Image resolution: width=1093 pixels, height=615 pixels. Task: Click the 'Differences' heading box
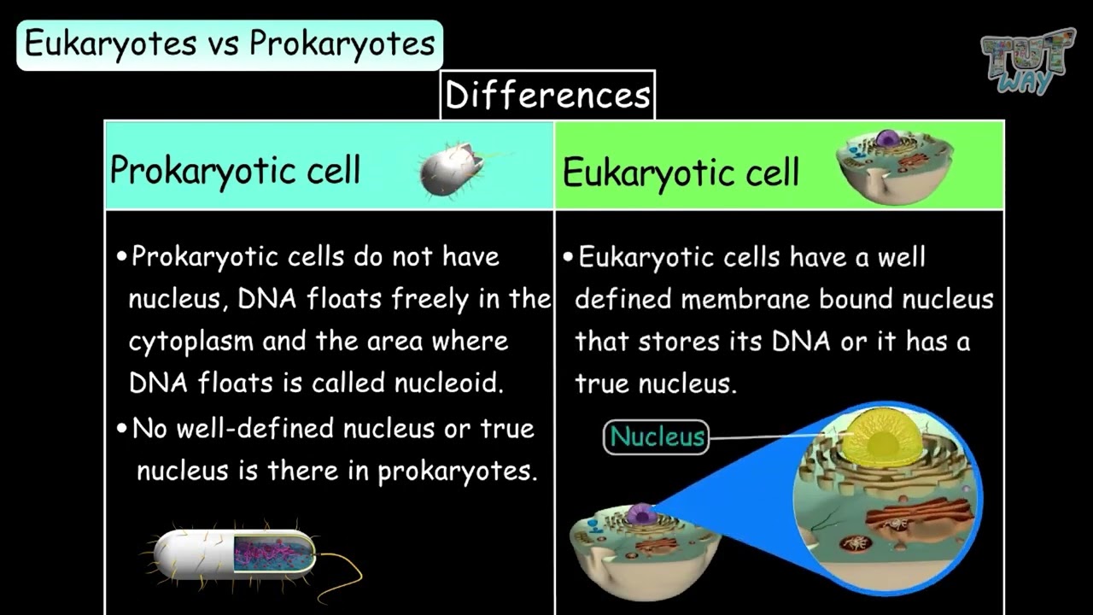547,95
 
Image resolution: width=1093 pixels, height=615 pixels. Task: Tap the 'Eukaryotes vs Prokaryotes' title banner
230,44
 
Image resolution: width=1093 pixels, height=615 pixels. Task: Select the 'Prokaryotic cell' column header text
235,170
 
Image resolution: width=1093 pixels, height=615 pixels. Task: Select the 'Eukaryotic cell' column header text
681,173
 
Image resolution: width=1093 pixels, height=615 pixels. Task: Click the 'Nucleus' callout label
657,436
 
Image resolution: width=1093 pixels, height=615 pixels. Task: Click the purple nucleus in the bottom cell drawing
640,514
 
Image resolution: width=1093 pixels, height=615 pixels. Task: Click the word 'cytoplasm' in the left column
191,342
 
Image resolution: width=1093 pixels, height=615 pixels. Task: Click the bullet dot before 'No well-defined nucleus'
122,429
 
